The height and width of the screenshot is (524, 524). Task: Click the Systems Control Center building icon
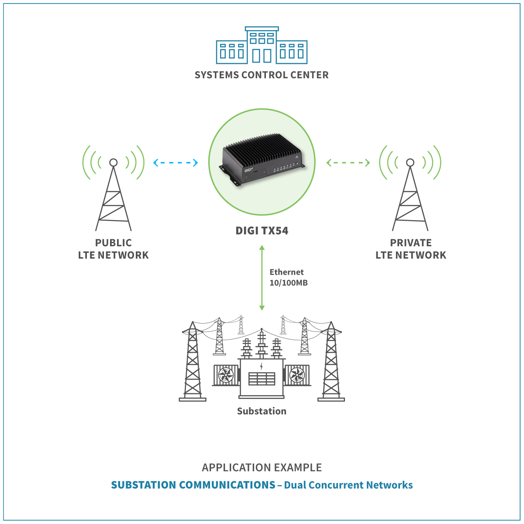(x=262, y=46)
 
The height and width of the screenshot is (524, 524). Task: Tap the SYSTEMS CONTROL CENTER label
(x=262, y=75)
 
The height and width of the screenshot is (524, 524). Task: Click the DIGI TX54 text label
(x=262, y=231)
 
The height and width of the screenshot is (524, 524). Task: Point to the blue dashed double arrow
(x=176, y=163)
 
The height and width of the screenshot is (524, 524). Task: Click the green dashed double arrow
(x=348, y=163)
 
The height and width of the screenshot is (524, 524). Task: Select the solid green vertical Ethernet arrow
(x=262, y=278)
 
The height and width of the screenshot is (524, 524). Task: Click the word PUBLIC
(x=114, y=243)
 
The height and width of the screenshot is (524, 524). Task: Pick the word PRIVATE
(x=411, y=243)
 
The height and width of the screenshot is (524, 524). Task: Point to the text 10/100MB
(x=289, y=283)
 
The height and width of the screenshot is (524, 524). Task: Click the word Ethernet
(x=286, y=272)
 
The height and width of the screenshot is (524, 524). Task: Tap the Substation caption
(x=262, y=411)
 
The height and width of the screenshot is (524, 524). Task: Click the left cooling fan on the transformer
(x=226, y=375)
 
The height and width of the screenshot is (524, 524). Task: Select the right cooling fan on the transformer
(x=297, y=375)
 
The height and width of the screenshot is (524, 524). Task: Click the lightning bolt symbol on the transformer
(x=262, y=365)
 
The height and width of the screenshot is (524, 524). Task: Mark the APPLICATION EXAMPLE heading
(x=262, y=468)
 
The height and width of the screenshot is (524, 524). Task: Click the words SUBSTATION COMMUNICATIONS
(x=193, y=485)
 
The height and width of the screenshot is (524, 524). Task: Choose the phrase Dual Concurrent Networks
(x=348, y=485)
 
